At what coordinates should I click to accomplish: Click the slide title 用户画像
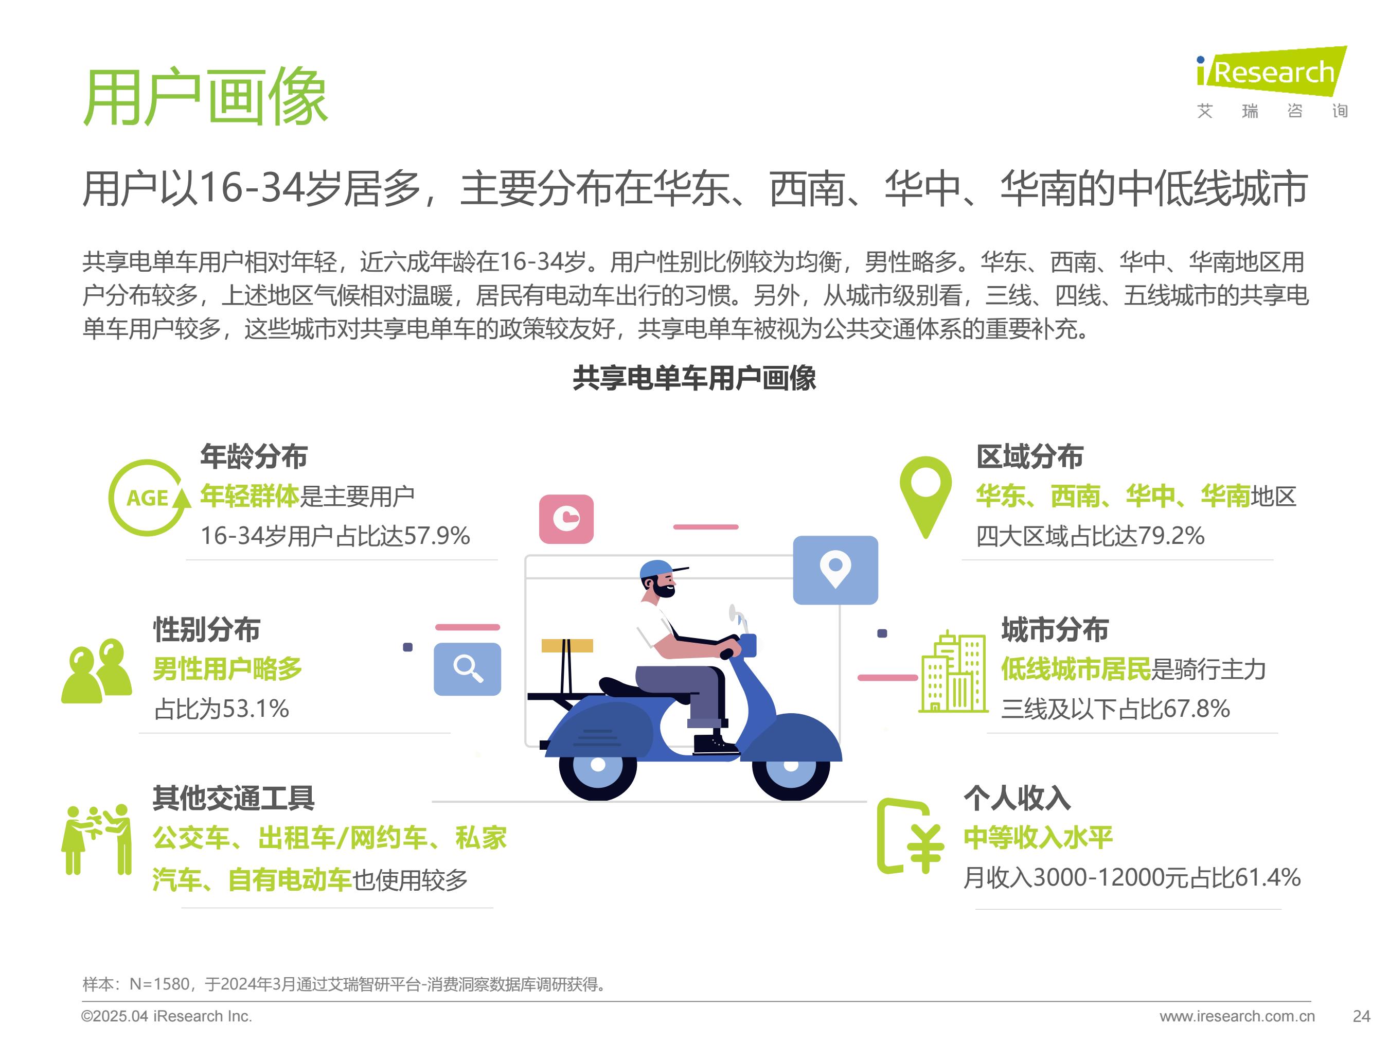205,97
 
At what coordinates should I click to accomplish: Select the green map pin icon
925,496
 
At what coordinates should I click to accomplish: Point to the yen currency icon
911,836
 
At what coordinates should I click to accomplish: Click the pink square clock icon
566,519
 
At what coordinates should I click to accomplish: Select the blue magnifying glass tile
467,669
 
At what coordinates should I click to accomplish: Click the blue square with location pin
835,570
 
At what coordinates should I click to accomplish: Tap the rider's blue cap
660,570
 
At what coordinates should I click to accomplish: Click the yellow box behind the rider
567,646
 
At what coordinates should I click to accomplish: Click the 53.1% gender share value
255,709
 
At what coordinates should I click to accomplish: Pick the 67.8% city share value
1196,709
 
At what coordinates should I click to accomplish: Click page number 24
1361,1016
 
